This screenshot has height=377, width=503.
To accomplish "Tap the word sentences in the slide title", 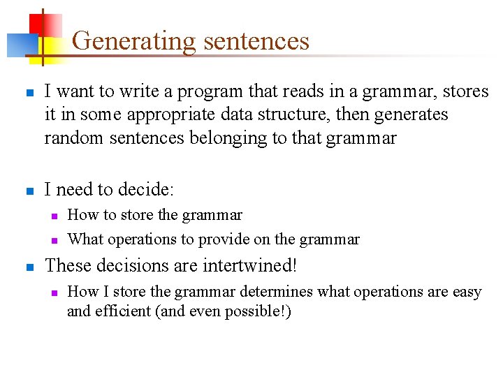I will click(x=256, y=41).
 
